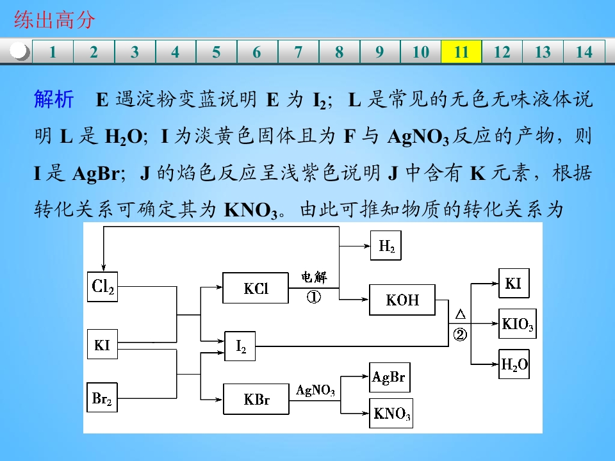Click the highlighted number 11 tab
pyautogui.click(x=461, y=51)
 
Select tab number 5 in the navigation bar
pyautogui.click(x=216, y=51)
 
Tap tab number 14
pyautogui.click(x=584, y=51)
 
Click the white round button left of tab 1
pyautogui.click(x=19, y=51)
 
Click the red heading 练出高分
pyautogui.click(x=54, y=19)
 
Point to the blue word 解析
pyautogui.click(x=54, y=99)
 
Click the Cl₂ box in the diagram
pyautogui.click(x=102, y=287)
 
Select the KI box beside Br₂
pyautogui.click(x=102, y=344)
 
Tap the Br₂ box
pyautogui.click(x=102, y=398)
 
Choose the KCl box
pyautogui.click(x=256, y=288)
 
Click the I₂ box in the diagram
pyautogui.click(x=240, y=346)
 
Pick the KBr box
pyautogui.click(x=256, y=399)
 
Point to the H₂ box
pyautogui.click(x=386, y=245)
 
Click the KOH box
pyautogui.click(x=402, y=300)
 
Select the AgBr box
pyautogui.click(x=390, y=377)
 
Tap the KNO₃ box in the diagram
pyautogui.click(x=391, y=413)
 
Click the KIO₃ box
pyautogui.click(x=518, y=324)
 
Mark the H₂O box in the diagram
pyautogui.click(x=514, y=364)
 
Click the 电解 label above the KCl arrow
pyautogui.click(x=314, y=277)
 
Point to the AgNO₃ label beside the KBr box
pyautogui.click(x=315, y=390)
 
